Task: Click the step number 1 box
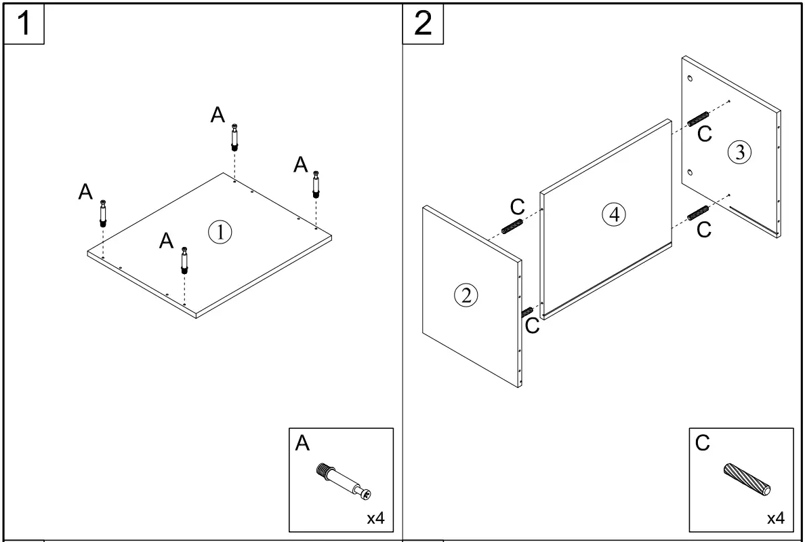click(24, 24)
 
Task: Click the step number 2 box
click(423, 24)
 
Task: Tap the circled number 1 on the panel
click(220, 232)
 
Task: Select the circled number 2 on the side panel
click(466, 295)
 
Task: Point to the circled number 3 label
click(739, 153)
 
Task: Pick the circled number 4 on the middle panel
click(614, 214)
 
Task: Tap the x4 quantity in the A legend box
click(375, 519)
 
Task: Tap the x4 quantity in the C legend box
click(775, 519)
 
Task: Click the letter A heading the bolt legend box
click(302, 444)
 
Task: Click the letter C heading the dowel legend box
click(703, 444)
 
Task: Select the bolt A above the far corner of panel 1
click(234, 137)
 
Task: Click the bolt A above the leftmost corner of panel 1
click(103, 213)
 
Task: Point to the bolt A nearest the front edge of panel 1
click(184, 260)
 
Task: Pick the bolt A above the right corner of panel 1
click(316, 184)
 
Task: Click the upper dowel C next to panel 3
click(698, 117)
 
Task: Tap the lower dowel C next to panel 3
click(698, 212)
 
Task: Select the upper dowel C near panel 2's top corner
click(513, 225)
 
